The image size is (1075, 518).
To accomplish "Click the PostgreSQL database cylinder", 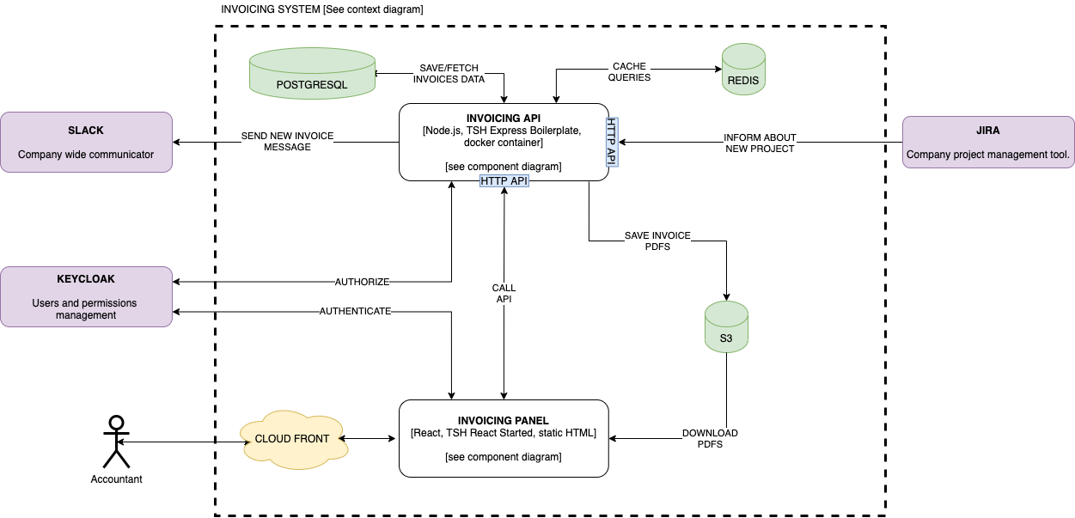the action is [x=313, y=73].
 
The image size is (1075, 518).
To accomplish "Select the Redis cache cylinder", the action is [x=743, y=69].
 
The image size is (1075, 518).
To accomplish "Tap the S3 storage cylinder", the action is [x=726, y=326].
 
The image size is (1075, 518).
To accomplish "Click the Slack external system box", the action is [x=87, y=142].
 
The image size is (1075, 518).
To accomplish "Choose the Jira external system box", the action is [x=988, y=142].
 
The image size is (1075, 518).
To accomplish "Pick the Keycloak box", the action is [x=87, y=297].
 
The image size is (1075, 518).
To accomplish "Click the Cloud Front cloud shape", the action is [x=294, y=439].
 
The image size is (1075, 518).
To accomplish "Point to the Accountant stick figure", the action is [x=117, y=442].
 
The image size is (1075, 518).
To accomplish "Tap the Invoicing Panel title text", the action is [x=504, y=421].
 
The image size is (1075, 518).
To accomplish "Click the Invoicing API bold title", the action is [x=504, y=119].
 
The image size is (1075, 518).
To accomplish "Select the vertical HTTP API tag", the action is [x=612, y=142].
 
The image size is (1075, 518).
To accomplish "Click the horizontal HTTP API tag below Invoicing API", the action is [x=504, y=180].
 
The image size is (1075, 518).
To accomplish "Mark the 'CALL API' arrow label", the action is [x=504, y=293].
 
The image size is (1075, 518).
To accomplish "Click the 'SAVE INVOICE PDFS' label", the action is [x=657, y=241].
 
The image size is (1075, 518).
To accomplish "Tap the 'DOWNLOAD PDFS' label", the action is [x=710, y=438].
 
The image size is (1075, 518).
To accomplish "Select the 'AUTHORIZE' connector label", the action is [x=362, y=282].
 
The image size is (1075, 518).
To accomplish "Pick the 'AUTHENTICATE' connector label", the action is [x=355, y=311].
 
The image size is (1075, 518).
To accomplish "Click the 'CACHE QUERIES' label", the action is [x=629, y=72].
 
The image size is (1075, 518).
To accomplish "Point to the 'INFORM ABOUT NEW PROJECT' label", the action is [x=760, y=143].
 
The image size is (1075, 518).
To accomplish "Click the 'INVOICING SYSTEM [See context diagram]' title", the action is [x=322, y=9].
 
